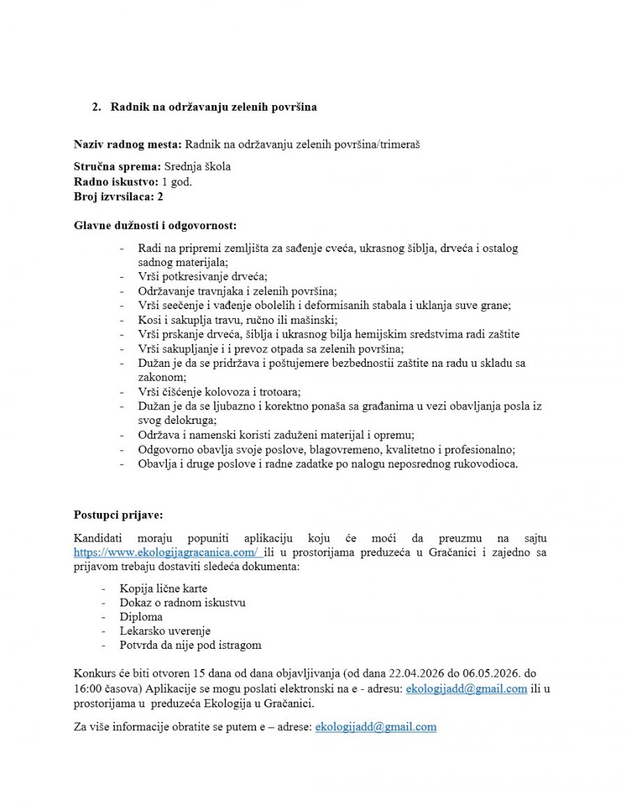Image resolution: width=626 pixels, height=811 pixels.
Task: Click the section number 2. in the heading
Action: [96, 108]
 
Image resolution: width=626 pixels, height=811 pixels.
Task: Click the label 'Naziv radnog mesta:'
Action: [127, 145]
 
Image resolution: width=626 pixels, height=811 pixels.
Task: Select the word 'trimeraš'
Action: [400, 145]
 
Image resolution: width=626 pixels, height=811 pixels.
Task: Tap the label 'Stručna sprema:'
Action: [117, 167]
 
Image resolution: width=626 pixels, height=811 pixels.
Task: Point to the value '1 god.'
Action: [177, 182]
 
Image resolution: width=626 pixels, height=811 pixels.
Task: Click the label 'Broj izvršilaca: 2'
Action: [118, 196]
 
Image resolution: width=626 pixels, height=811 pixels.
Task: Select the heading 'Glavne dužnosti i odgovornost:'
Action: [154, 226]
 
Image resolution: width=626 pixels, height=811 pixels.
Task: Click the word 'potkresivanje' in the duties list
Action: [187, 276]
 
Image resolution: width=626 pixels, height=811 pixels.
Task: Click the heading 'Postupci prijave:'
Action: [118, 515]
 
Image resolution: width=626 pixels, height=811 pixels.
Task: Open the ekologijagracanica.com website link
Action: [167, 553]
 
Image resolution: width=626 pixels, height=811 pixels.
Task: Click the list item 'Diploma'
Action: [141, 617]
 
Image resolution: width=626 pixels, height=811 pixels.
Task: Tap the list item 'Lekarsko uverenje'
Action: [165, 631]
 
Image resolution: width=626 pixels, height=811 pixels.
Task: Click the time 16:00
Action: [88, 689]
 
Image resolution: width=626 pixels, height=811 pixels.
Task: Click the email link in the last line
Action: [376, 727]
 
